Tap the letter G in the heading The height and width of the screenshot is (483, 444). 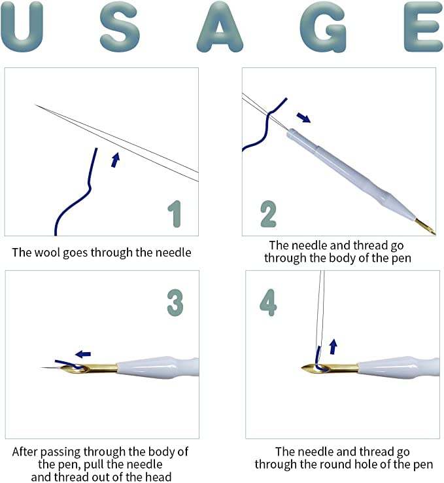323,27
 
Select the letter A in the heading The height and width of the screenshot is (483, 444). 220,27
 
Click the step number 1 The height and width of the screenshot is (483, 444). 175,213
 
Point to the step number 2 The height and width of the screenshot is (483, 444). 268,213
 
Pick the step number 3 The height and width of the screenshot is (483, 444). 175,302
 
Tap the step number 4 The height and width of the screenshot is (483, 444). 268,302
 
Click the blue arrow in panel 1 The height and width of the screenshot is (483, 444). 115,160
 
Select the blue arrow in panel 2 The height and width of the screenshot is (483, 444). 303,117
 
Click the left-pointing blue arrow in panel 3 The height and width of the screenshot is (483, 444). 83,354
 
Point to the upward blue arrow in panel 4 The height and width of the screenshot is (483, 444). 333,346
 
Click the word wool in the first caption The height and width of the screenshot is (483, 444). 47,252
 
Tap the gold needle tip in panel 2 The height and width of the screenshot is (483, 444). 425,226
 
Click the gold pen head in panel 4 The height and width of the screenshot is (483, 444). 329,368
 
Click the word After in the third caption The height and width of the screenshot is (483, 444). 26,452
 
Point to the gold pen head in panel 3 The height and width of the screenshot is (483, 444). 89,368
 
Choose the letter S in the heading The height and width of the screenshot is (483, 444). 120,27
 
